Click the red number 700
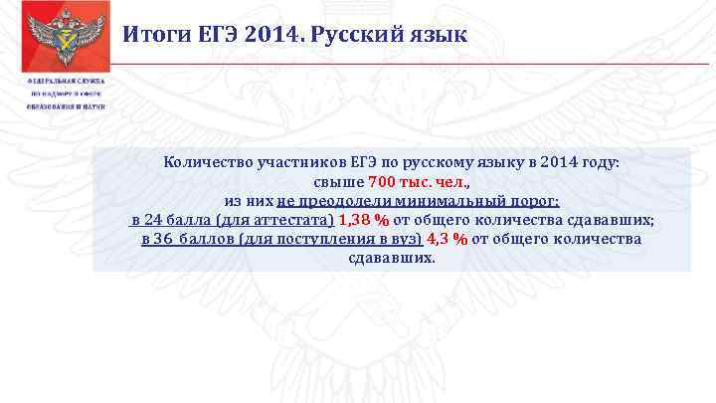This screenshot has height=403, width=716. [x=384, y=182]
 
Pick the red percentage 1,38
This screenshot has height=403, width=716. [x=354, y=220]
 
